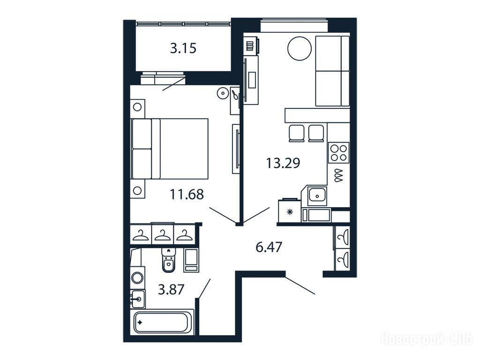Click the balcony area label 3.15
click(x=183, y=48)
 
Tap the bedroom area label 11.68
click(x=187, y=194)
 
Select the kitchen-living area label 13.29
click(x=283, y=163)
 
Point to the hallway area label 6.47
click(x=269, y=247)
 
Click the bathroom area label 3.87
click(x=171, y=289)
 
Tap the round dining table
click(x=300, y=49)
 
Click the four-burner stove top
click(x=338, y=152)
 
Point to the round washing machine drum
click(x=137, y=278)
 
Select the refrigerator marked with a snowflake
click(x=290, y=211)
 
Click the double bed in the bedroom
click(x=169, y=149)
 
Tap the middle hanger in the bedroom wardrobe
click(x=163, y=235)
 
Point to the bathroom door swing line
click(x=203, y=288)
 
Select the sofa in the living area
click(x=332, y=71)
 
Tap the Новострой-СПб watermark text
click(x=427, y=338)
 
